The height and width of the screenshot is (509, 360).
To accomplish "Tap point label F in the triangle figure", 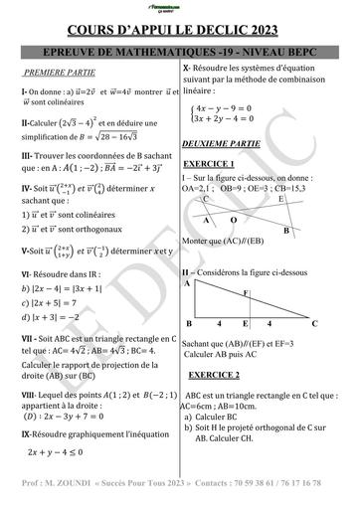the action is [246, 293].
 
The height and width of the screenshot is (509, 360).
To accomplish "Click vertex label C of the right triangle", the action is [314, 324].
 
